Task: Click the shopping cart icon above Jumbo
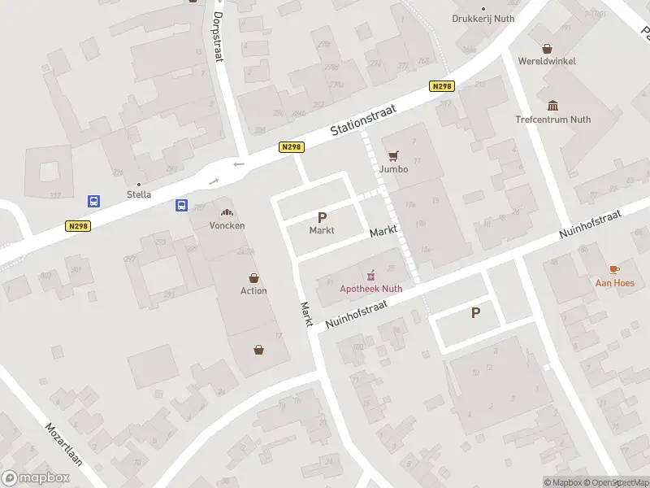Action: (394, 155)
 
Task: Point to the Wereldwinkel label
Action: (547, 61)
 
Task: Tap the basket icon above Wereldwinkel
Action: (547, 47)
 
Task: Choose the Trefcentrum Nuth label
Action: (553, 120)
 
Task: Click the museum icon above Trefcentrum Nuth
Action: (553, 106)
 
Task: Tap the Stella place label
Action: (139, 195)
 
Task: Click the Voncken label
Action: (227, 225)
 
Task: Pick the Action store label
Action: (253, 290)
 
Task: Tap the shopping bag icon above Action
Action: (253, 277)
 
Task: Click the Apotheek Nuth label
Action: (370, 288)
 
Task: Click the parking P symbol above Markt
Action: (322, 217)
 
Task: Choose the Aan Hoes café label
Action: (615, 283)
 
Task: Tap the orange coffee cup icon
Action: (615, 269)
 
